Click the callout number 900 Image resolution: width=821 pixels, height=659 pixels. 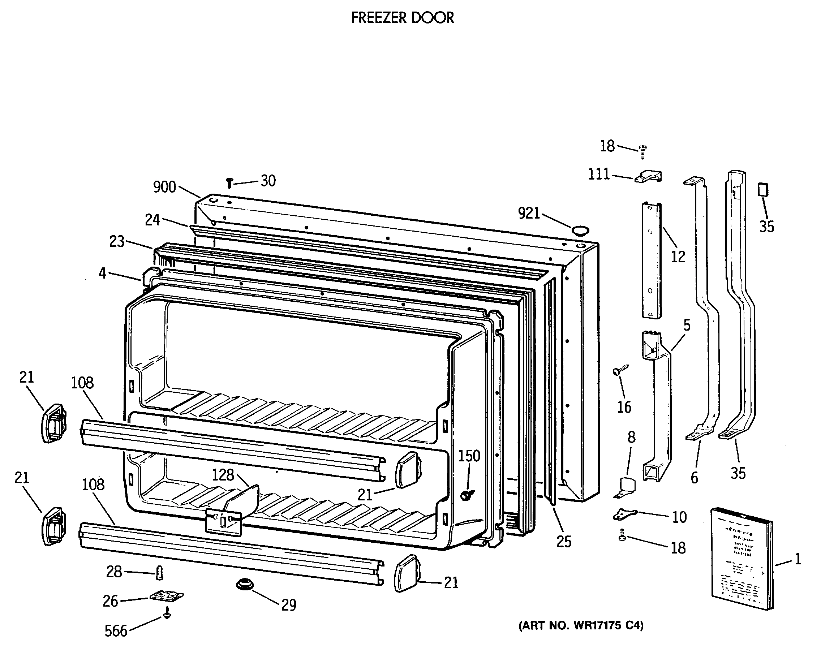(164, 187)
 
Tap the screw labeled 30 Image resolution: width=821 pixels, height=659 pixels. (229, 183)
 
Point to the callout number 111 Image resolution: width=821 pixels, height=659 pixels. (599, 174)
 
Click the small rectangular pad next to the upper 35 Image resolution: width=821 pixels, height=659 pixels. (763, 190)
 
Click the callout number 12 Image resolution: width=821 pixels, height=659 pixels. (678, 257)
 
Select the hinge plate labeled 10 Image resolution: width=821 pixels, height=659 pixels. (625, 514)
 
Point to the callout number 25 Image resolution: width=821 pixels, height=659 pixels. (564, 541)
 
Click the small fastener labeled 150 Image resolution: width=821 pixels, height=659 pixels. (467, 495)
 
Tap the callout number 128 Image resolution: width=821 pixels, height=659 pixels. (223, 475)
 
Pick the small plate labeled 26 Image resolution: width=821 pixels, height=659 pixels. (166, 596)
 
